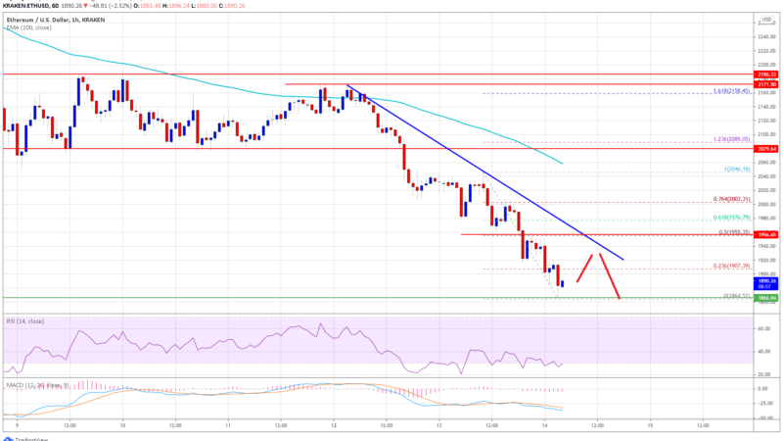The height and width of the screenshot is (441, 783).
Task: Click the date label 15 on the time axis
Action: pyautogui.click(x=650, y=426)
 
